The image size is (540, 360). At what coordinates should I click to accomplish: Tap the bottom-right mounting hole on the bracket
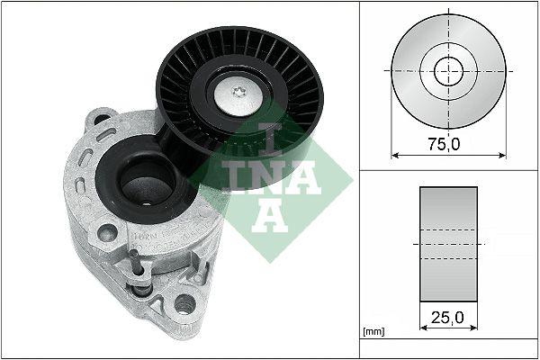point(185,303)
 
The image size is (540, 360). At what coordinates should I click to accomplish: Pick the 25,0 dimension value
point(447,319)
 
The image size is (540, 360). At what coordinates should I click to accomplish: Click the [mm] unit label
point(372,333)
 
